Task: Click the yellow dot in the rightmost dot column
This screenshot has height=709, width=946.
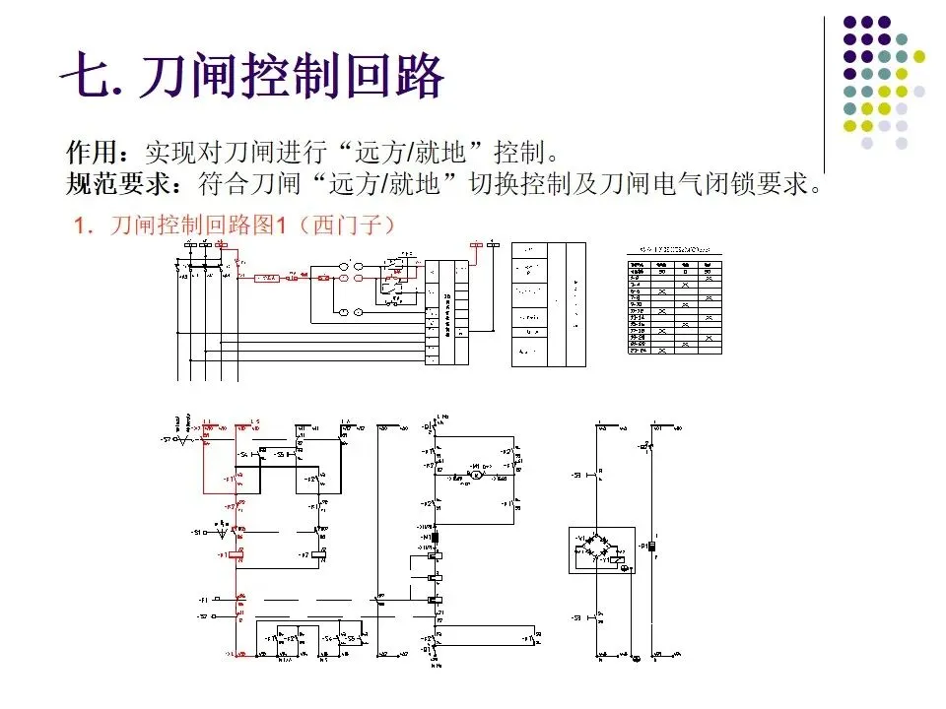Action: click(x=919, y=55)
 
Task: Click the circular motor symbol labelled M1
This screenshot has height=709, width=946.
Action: click(x=476, y=475)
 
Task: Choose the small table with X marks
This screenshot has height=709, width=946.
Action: click(x=676, y=305)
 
